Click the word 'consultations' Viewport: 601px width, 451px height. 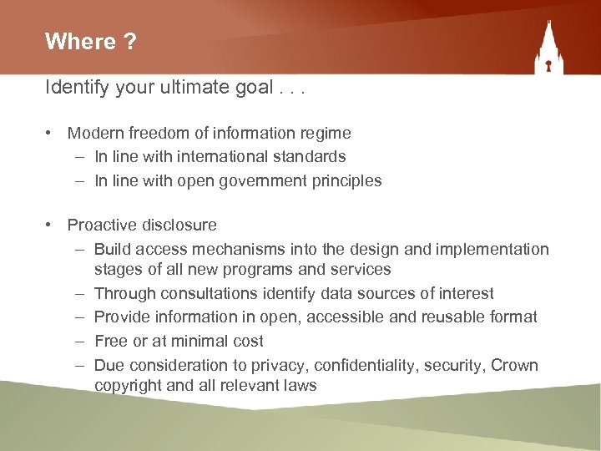[215, 293]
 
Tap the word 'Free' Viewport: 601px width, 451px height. [111, 341]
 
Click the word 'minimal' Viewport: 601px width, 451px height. [197, 341]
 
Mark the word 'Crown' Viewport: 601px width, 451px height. [515, 365]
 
